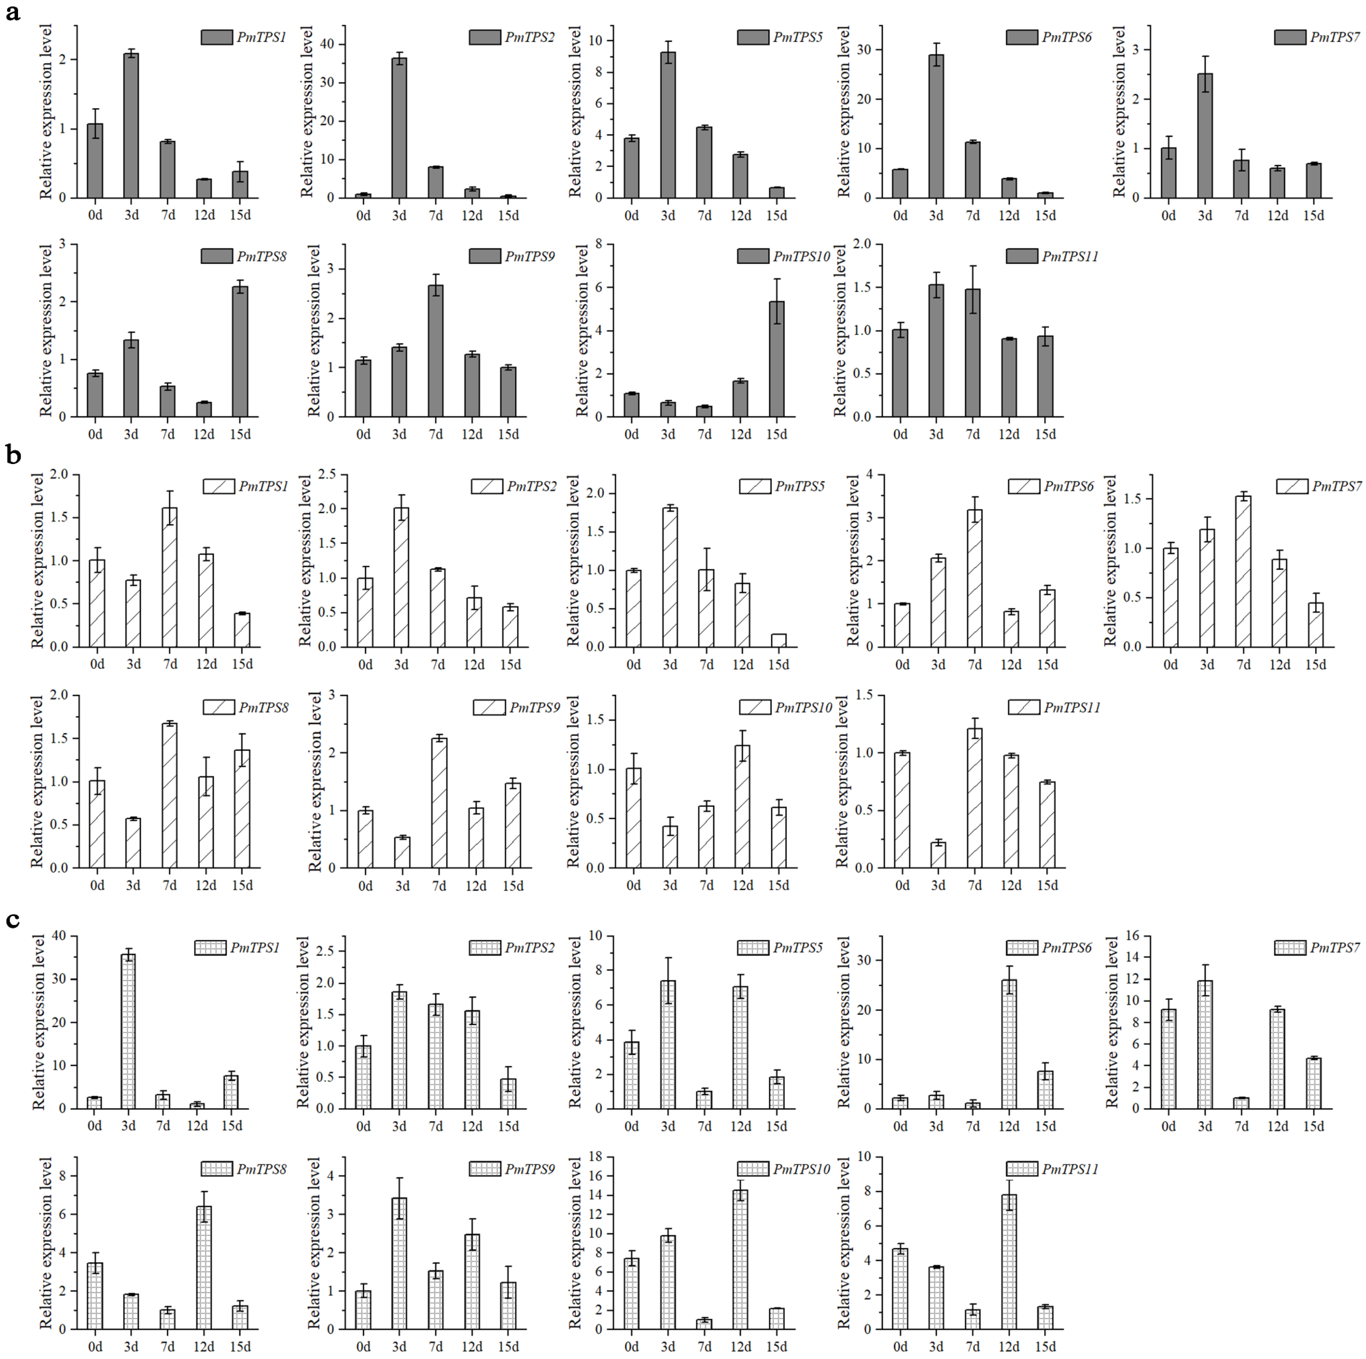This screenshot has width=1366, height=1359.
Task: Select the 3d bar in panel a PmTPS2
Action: coord(399,128)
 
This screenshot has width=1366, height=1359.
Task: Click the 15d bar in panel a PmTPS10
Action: coord(777,359)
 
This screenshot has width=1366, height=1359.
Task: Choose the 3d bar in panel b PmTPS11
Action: coord(938,855)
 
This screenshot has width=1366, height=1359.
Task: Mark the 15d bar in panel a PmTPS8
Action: coord(240,351)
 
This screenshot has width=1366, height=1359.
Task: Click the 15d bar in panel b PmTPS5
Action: coord(779,641)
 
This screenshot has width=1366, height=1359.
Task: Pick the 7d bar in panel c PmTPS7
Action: coord(1241,1103)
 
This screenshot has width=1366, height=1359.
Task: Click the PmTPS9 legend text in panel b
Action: coord(535,707)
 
